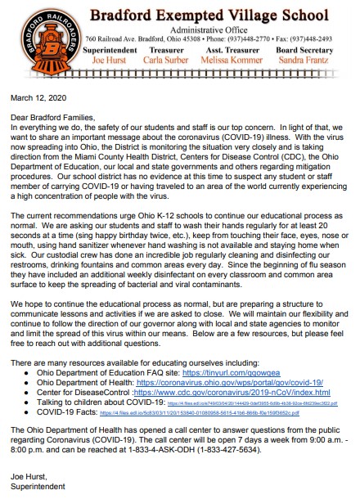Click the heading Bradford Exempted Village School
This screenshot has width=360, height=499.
[x=222, y=14]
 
